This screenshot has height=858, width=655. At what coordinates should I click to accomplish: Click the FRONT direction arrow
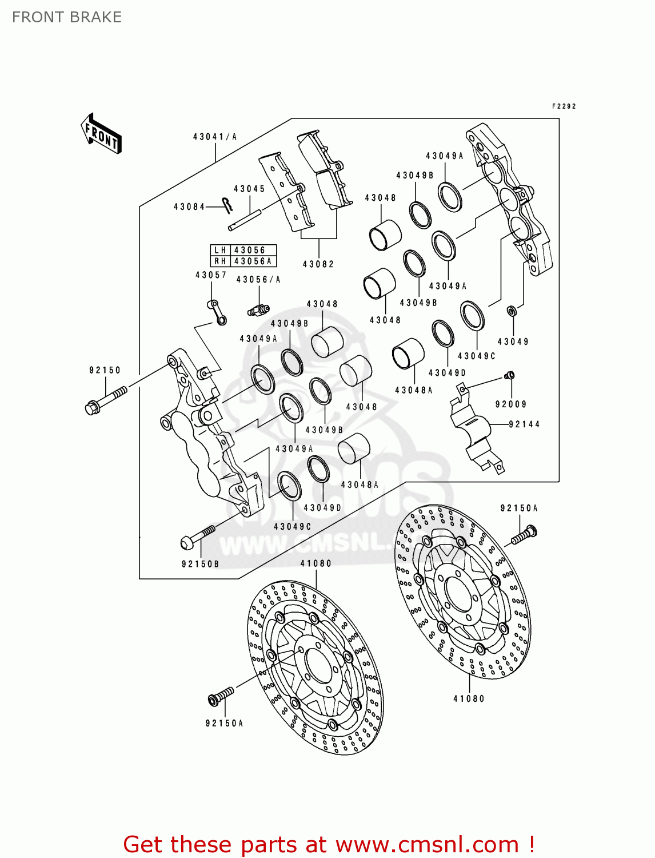pos(101,134)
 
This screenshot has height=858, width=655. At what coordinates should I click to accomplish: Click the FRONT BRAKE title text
pos(66,17)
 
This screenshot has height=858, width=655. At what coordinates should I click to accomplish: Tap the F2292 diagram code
pos(564,106)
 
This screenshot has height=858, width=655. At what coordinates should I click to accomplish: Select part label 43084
pos(189,207)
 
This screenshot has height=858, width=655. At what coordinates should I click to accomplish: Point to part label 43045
pos(249,189)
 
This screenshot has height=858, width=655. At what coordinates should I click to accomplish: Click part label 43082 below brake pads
pos(318,264)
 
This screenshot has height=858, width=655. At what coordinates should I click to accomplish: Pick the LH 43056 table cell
pos(243,250)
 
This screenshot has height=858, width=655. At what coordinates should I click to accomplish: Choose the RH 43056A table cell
pos(243,261)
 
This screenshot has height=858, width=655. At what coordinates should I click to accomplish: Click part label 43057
pos(211,275)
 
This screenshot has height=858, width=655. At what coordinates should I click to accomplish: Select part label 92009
pos(511,404)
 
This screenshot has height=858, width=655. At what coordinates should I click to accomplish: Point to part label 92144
pos(524,424)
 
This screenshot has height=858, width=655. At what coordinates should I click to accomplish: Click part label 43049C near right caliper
pos(477,356)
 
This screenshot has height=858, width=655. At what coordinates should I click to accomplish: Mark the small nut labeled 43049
pos(512,311)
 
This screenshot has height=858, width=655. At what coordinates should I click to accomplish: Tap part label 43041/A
pos(215,137)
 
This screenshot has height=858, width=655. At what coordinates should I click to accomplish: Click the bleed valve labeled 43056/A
pos(258,309)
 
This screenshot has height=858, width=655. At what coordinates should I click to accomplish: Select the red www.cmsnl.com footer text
pos(329,844)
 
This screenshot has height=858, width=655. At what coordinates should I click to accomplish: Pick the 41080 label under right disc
pos(469,698)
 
